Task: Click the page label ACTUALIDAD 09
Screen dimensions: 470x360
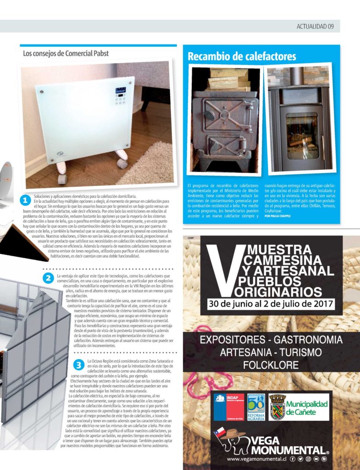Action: click(x=315, y=27)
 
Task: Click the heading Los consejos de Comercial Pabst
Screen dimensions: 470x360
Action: click(x=66, y=53)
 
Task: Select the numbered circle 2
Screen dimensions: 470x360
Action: click(x=48, y=278)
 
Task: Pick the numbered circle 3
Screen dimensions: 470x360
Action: click(x=79, y=365)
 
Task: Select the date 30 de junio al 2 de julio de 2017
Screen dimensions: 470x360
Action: click(x=271, y=304)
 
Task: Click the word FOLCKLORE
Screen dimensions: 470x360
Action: click(x=271, y=366)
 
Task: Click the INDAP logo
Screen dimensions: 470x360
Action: click(x=228, y=406)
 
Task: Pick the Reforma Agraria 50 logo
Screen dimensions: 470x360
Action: click(x=256, y=406)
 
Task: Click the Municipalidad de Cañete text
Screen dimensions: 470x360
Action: click(x=307, y=407)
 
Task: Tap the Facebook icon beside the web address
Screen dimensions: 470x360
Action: click(x=292, y=459)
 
